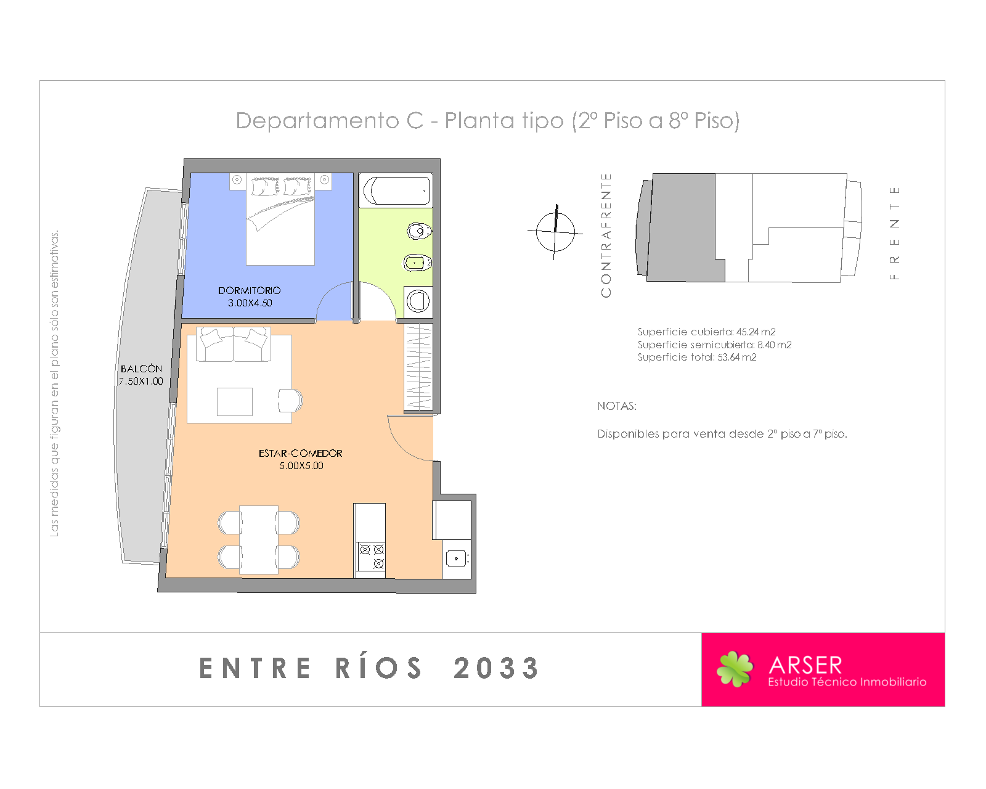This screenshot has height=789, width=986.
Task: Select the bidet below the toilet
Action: click(x=418, y=263)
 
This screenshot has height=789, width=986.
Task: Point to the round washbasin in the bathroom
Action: click(x=418, y=301)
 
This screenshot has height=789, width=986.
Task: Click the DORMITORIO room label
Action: click(x=249, y=291)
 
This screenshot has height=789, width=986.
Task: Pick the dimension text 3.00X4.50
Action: click(x=250, y=303)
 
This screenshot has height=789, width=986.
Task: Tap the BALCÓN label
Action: click(x=141, y=369)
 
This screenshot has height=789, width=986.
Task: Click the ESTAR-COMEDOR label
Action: click(x=301, y=454)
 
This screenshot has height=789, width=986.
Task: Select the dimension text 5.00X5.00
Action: click(x=301, y=466)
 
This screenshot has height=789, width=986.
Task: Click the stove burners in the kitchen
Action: click(x=372, y=556)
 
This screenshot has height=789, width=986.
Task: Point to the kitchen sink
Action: click(x=457, y=559)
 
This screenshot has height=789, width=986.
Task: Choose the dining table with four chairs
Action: click(x=259, y=540)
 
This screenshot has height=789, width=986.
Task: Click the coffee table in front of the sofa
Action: click(x=235, y=402)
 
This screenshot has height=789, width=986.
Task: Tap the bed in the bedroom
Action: click(x=280, y=219)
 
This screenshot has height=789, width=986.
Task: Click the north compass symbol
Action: click(x=555, y=232)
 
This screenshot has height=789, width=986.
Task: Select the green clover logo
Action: click(x=735, y=669)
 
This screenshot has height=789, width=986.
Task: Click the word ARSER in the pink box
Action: click(x=805, y=664)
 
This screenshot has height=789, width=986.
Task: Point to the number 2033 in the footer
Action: click(x=497, y=668)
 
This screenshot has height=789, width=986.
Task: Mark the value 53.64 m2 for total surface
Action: click(x=737, y=357)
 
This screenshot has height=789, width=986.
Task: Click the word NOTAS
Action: click(x=617, y=406)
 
